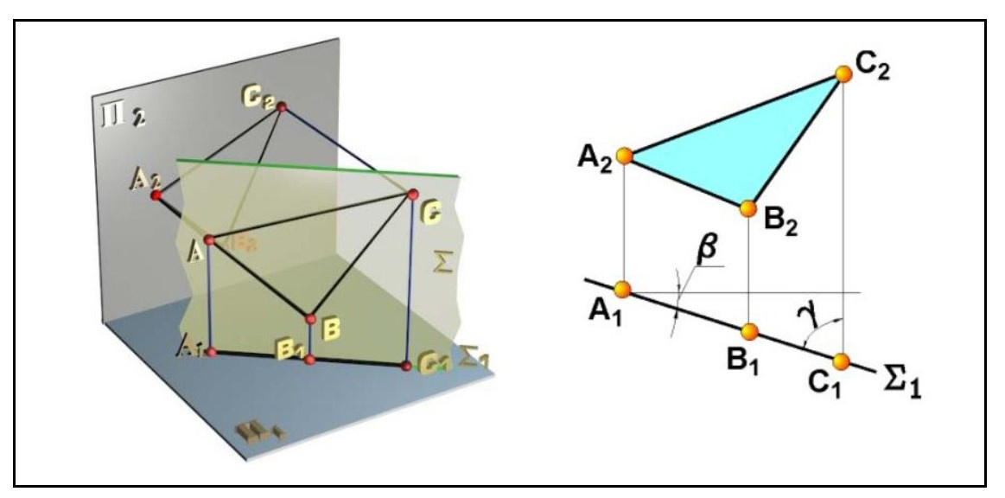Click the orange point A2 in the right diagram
(624, 156)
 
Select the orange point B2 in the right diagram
(748, 208)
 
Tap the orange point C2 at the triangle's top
(843, 74)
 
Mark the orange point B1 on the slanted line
(749, 330)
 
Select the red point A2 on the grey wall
(156, 196)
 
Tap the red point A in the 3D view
(208, 239)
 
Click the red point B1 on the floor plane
(310, 358)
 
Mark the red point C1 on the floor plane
(407, 367)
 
